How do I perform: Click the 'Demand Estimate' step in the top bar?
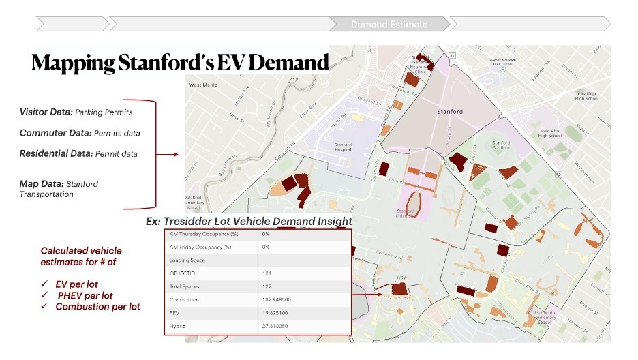389,25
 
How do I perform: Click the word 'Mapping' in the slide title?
73,63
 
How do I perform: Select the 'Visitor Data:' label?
46,111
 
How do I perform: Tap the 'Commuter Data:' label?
55,132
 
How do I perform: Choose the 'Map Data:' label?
41,183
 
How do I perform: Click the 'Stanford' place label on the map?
449,111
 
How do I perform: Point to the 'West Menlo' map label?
204,85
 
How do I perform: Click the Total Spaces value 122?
267,286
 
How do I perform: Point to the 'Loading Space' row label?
188,260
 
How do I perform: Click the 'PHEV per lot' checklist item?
86,295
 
